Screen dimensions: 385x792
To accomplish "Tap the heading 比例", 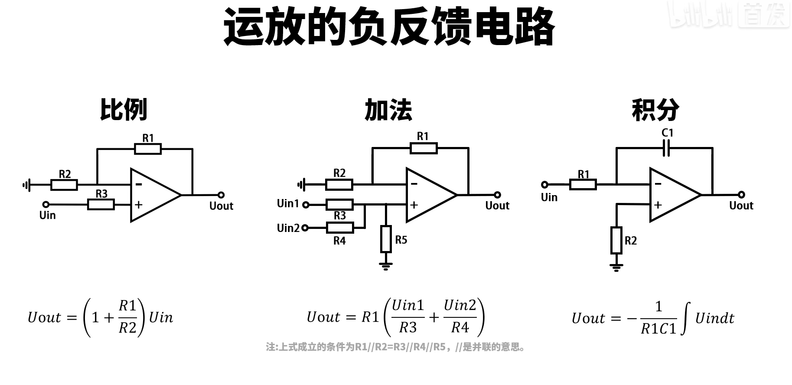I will click(x=124, y=110).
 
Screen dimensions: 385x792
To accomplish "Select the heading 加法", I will click(x=388, y=110).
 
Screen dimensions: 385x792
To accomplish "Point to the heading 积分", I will click(x=655, y=110).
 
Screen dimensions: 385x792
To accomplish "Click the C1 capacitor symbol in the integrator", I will click(x=667, y=148).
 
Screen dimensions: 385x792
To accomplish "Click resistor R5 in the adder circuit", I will click(x=386, y=239).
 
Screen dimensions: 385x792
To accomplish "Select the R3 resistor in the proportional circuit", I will click(x=101, y=204).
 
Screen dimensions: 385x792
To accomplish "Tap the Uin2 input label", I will click(x=288, y=228).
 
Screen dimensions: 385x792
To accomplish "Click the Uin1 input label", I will click(x=288, y=203).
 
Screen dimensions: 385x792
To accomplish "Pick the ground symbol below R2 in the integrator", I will click(x=616, y=267).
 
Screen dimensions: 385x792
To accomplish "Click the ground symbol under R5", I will click(x=386, y=265).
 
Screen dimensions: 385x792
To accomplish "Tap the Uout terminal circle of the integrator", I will click(x=741, y=195).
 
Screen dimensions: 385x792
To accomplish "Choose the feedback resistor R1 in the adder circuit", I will click(x=424, y=148).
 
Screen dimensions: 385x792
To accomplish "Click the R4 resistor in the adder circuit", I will click(x=339, y=228).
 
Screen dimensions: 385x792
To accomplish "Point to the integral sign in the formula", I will click(x=685, y=319).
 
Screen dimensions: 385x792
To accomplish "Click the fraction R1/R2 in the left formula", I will click(x=127, y=317).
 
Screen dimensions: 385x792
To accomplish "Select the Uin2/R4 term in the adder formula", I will click(x=460, y=317).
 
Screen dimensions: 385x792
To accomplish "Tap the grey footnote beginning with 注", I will click(x=396, y=347).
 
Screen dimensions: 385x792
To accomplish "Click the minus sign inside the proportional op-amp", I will click(x=138, y=184).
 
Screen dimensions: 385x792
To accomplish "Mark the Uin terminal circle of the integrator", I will click(x=545, y=185).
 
